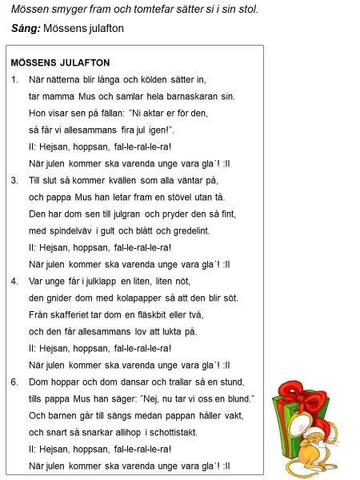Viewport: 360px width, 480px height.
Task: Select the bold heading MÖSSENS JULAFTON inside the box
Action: [x=61, y=62]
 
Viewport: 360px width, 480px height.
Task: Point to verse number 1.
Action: [x=15, y=79]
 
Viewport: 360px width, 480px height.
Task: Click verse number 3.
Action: [x=15, y=182]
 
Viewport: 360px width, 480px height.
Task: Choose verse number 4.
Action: [x=15, y=282]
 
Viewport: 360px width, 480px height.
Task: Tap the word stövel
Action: [x=178, y=197]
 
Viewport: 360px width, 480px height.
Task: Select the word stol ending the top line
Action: [x=248, y=10]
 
